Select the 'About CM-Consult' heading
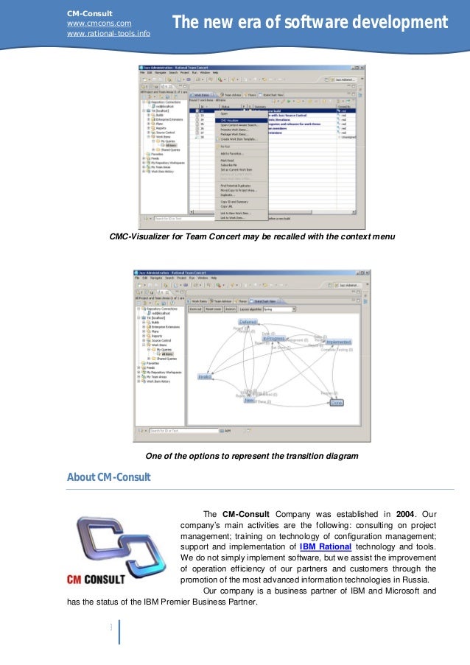[108, 478]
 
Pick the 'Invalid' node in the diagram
[205, 376]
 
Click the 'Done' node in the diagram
[336, 403]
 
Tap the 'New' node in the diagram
[250, 401]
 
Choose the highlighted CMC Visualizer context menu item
[232, 121]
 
